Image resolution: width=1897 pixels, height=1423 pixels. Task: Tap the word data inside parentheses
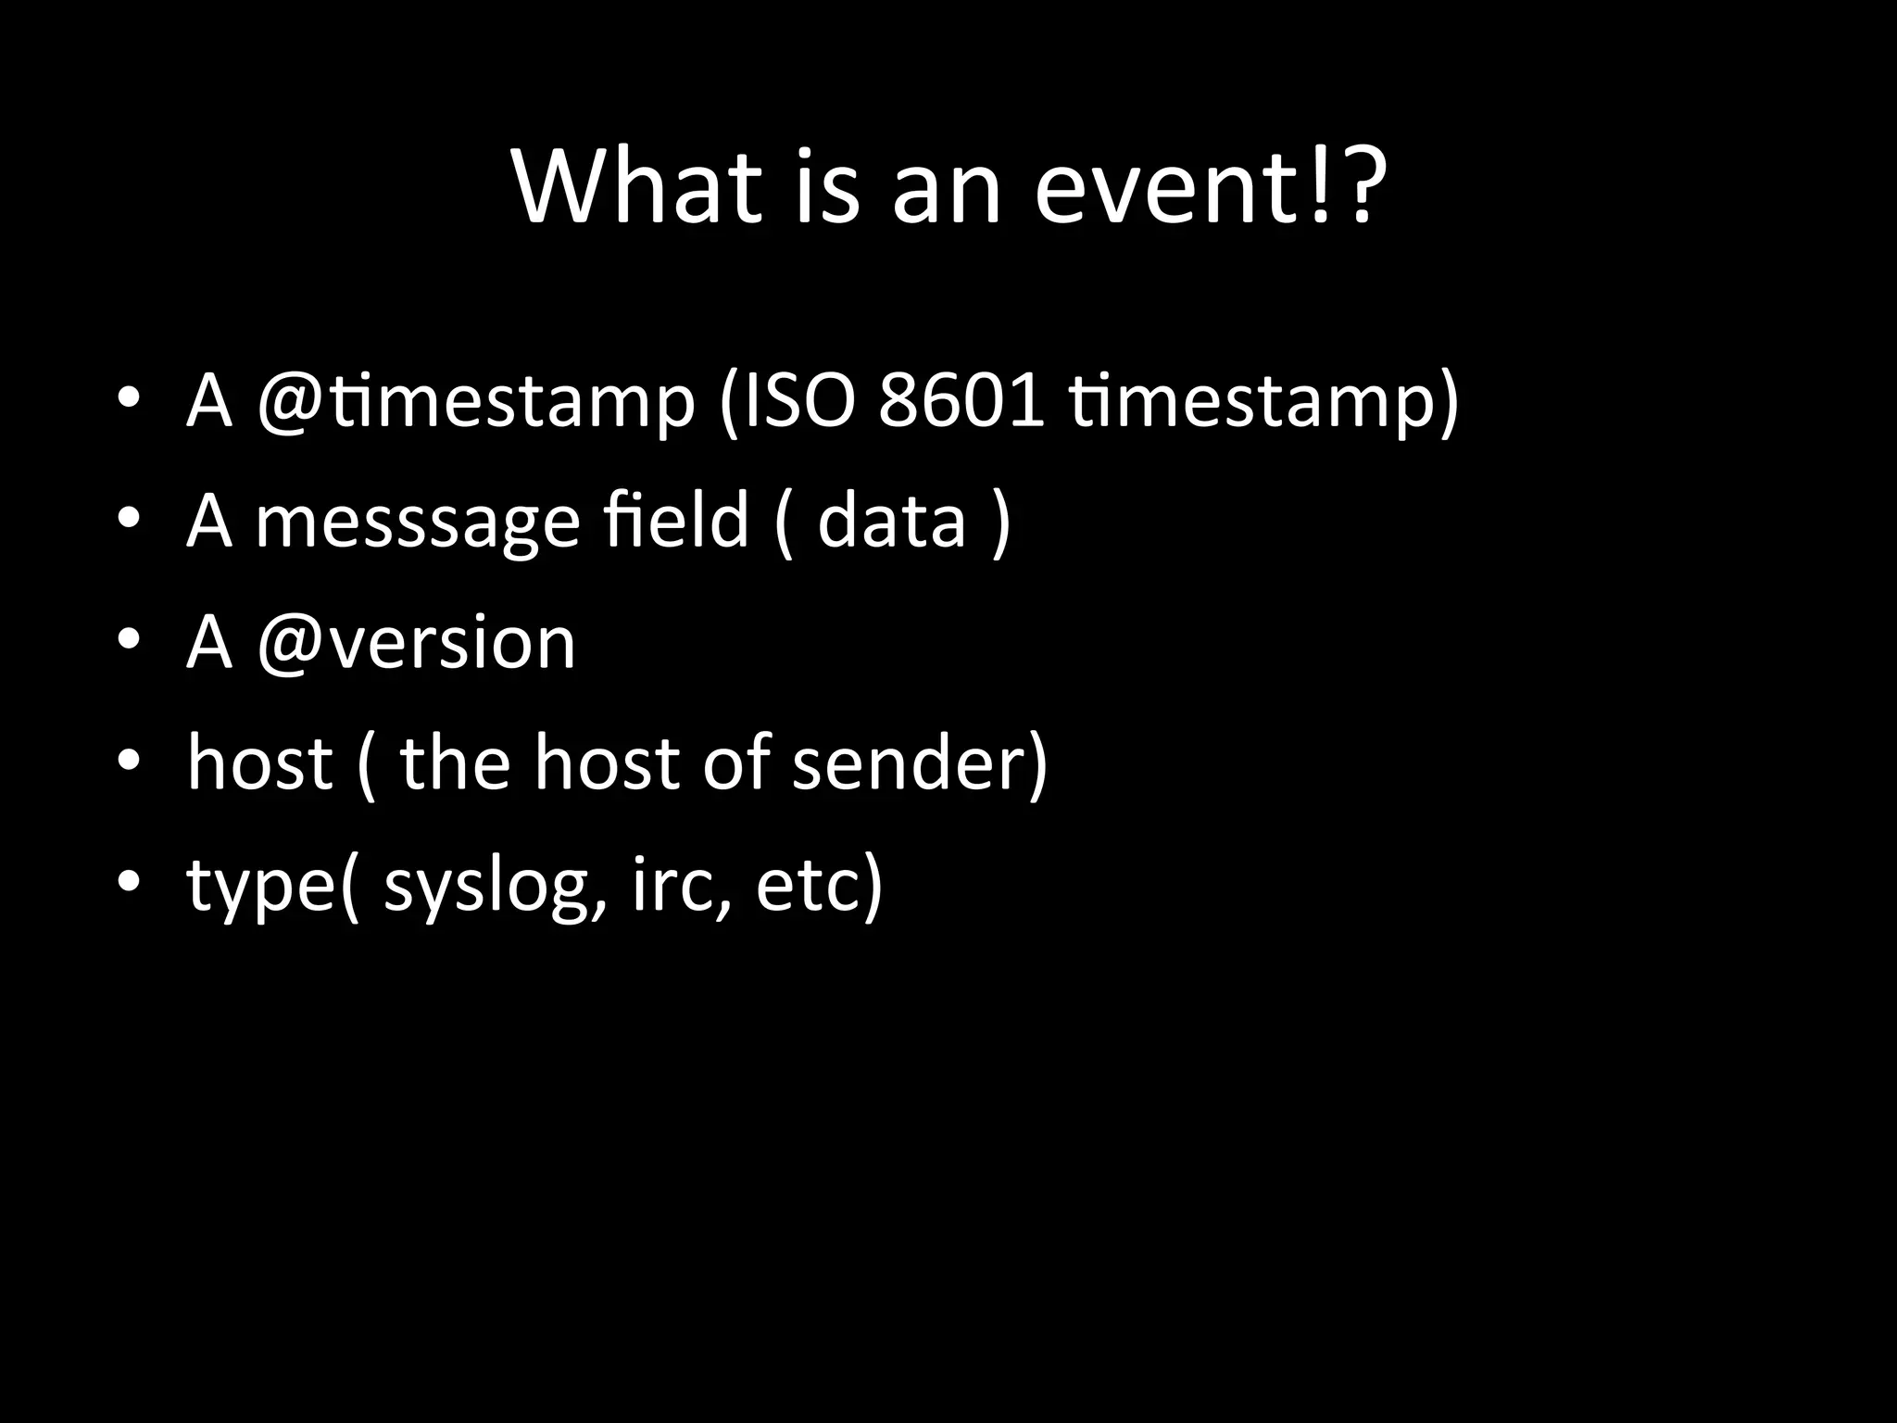click(891, 521)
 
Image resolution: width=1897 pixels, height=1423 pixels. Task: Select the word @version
click(416, 642)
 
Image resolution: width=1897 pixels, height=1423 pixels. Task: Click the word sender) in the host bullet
click(920, 762)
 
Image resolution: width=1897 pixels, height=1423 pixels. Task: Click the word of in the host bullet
click(735, 762)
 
